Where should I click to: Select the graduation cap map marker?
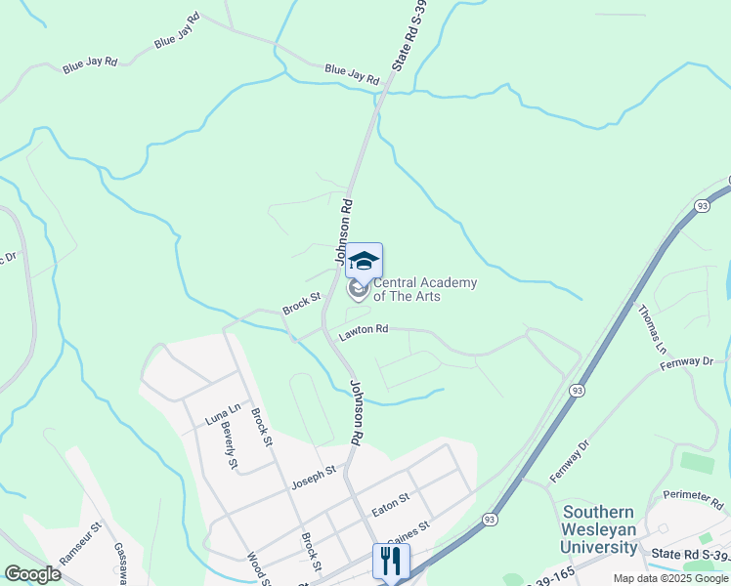(364, 261)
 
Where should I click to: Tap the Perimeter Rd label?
(690, 496)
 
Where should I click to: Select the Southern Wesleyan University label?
(598, 529)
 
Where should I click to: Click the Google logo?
(32, 574)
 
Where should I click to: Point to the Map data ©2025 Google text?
(670, 578)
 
